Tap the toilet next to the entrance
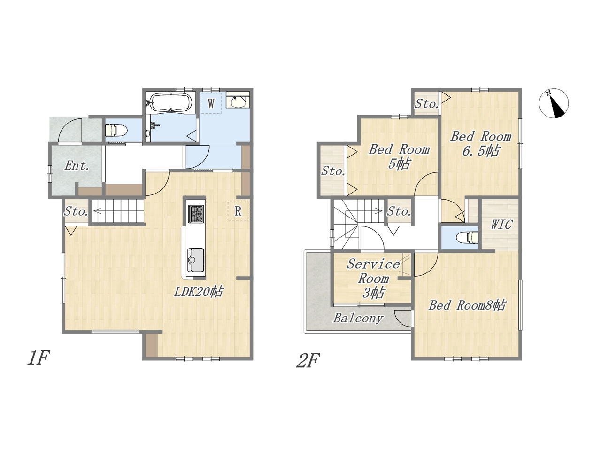point(116,130)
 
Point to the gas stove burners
point(196,214)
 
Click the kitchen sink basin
point(195,259)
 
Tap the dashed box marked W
point(211,103)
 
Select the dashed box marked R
point(238,211)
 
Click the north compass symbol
point(554,103)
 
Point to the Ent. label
point(77,166)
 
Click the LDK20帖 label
point(199,292)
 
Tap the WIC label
point(501,225)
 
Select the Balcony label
point(358,318)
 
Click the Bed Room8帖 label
point(467,305)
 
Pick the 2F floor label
point(308,361)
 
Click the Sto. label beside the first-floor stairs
point(76,211)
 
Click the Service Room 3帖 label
point(373,279)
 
